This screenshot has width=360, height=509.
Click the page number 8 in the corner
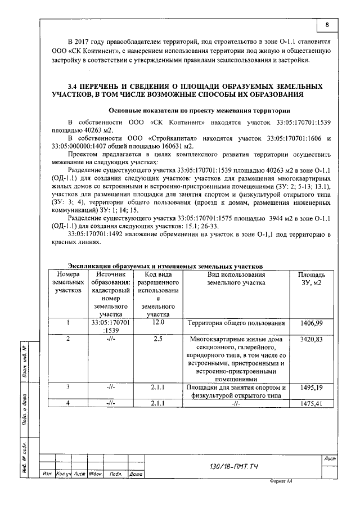326,25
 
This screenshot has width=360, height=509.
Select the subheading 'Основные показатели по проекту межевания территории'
195,111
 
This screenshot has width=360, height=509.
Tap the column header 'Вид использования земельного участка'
236,278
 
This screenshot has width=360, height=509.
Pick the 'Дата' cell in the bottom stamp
135,475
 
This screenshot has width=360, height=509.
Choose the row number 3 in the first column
68,388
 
